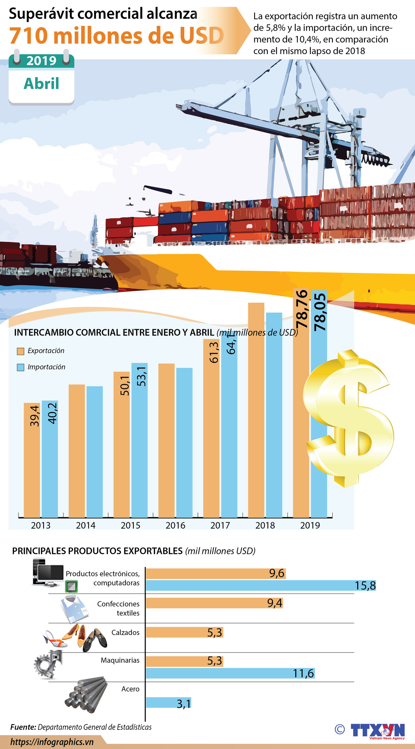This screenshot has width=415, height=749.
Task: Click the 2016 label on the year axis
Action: click(x=175, y=525)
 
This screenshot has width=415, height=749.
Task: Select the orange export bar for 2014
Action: click(x=77, y=450)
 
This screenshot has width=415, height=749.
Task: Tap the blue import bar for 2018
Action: click(x=274, y=415)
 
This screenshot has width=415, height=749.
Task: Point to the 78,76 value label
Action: click(x=302, y=309)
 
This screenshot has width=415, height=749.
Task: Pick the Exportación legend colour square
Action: click(x=20, y=351)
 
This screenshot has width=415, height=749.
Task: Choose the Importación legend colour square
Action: click(x=20, y=367)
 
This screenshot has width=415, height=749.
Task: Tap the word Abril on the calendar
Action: click(x=41, y=84)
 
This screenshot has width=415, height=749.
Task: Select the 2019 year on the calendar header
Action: click(x=41, y=61)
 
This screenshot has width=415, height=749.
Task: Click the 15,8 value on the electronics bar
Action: click(x=365, y=586)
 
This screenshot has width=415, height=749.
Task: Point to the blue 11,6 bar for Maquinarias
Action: click(x=230, y=673)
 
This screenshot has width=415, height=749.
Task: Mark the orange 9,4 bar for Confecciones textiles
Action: click(x=214, y=603)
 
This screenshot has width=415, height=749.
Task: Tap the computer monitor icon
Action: click(x=50, y=573)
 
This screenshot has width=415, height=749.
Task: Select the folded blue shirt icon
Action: click(x=74, y=609)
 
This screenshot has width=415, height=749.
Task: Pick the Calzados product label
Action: click(x=125, y=632)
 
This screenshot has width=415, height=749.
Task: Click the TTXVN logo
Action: click(x=377, y=730)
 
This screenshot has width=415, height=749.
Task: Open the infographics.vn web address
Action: click(x=52, y=742)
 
